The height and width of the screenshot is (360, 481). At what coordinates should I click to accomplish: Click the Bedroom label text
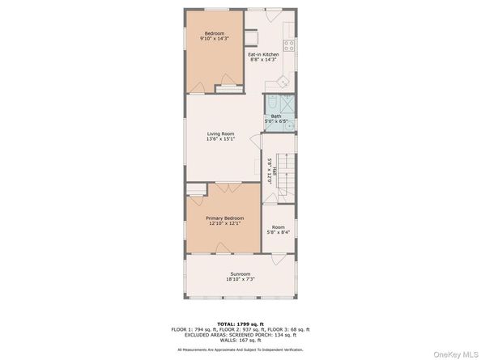coord(214,32)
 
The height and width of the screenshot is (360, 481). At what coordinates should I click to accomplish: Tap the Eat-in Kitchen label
coord(264,54)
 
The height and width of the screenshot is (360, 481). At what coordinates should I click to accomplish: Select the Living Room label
coord(220,133)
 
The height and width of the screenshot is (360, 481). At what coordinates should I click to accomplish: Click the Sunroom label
coord(240,273)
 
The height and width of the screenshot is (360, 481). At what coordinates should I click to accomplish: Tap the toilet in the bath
coord(273,104)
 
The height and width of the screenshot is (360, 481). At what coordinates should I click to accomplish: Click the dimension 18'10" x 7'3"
coord(240,280)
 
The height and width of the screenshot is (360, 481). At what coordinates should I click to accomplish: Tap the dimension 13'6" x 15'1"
coord(220,138)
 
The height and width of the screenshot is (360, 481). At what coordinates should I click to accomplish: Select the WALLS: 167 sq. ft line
coord(240,340)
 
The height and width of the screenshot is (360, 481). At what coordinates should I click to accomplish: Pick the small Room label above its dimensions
coord(278,227)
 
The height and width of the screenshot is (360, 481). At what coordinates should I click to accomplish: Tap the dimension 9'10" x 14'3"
coord(214,38)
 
